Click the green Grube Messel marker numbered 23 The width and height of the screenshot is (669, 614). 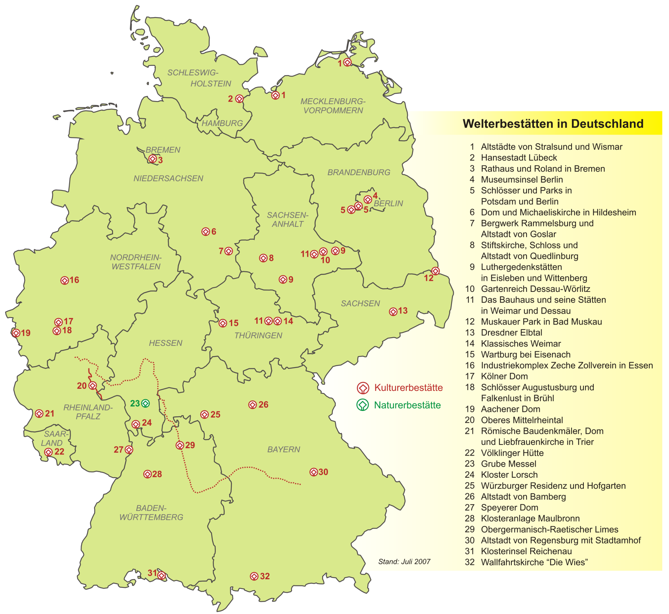145,404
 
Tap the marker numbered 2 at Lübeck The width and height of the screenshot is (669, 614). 240,99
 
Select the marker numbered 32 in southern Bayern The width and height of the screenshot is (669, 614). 254,576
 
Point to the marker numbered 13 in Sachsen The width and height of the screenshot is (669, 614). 393,312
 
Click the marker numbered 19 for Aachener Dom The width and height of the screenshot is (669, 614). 16,333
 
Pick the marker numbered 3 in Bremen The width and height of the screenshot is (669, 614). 153,159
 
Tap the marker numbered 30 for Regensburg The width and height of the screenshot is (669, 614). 314,472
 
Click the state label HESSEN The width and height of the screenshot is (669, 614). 165,343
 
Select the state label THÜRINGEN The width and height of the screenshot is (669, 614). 258,336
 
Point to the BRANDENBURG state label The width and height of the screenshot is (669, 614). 359,172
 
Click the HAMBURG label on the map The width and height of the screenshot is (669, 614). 222,123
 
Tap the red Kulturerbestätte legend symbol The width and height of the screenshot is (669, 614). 363,388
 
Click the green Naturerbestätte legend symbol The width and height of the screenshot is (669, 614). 363,405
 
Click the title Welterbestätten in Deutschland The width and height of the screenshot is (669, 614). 553,124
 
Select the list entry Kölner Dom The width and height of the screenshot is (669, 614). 504,376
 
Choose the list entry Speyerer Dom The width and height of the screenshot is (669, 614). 509,508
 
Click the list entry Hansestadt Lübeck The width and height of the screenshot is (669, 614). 519,158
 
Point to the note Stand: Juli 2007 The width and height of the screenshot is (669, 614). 404,562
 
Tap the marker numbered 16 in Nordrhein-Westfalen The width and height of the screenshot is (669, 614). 65,280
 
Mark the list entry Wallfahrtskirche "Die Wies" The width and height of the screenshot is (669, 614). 534,562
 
